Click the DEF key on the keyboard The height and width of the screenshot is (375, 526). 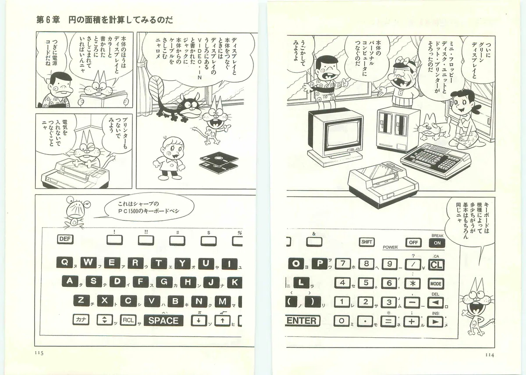pyautogui.click(x=65, y=239)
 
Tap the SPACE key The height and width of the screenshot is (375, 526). pyautogui.click(x=163, y=321)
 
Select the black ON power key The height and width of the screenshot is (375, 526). pyautogui.click(x=437, y=243)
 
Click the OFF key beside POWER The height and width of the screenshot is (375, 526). pyautogui.click(x=413, y=243)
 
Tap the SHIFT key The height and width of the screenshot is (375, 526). pyautogui.click(x=366, y=242)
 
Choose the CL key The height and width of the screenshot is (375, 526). pyautogui.click(x=436, y=265)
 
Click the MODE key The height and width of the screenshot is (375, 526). pyautogui.click(x=436, y=284)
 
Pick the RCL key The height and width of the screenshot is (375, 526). pyautogui.click(x=128, y=320)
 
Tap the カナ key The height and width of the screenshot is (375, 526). pyautogui.click(x=81, y=320)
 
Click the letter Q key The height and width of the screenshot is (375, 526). pyautogui.click(x=64, y=262)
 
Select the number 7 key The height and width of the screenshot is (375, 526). pyautogui.click(x=343, y=264)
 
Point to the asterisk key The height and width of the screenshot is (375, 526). pyautogui.click(x=412, y=284)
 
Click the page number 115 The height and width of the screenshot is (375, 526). pyautogui.click(x=39, y=353)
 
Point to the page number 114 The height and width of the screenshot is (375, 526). pyautogui.click(x=490, y=355)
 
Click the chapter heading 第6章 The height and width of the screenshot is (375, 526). pyautogui.click(x=48, y=20)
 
